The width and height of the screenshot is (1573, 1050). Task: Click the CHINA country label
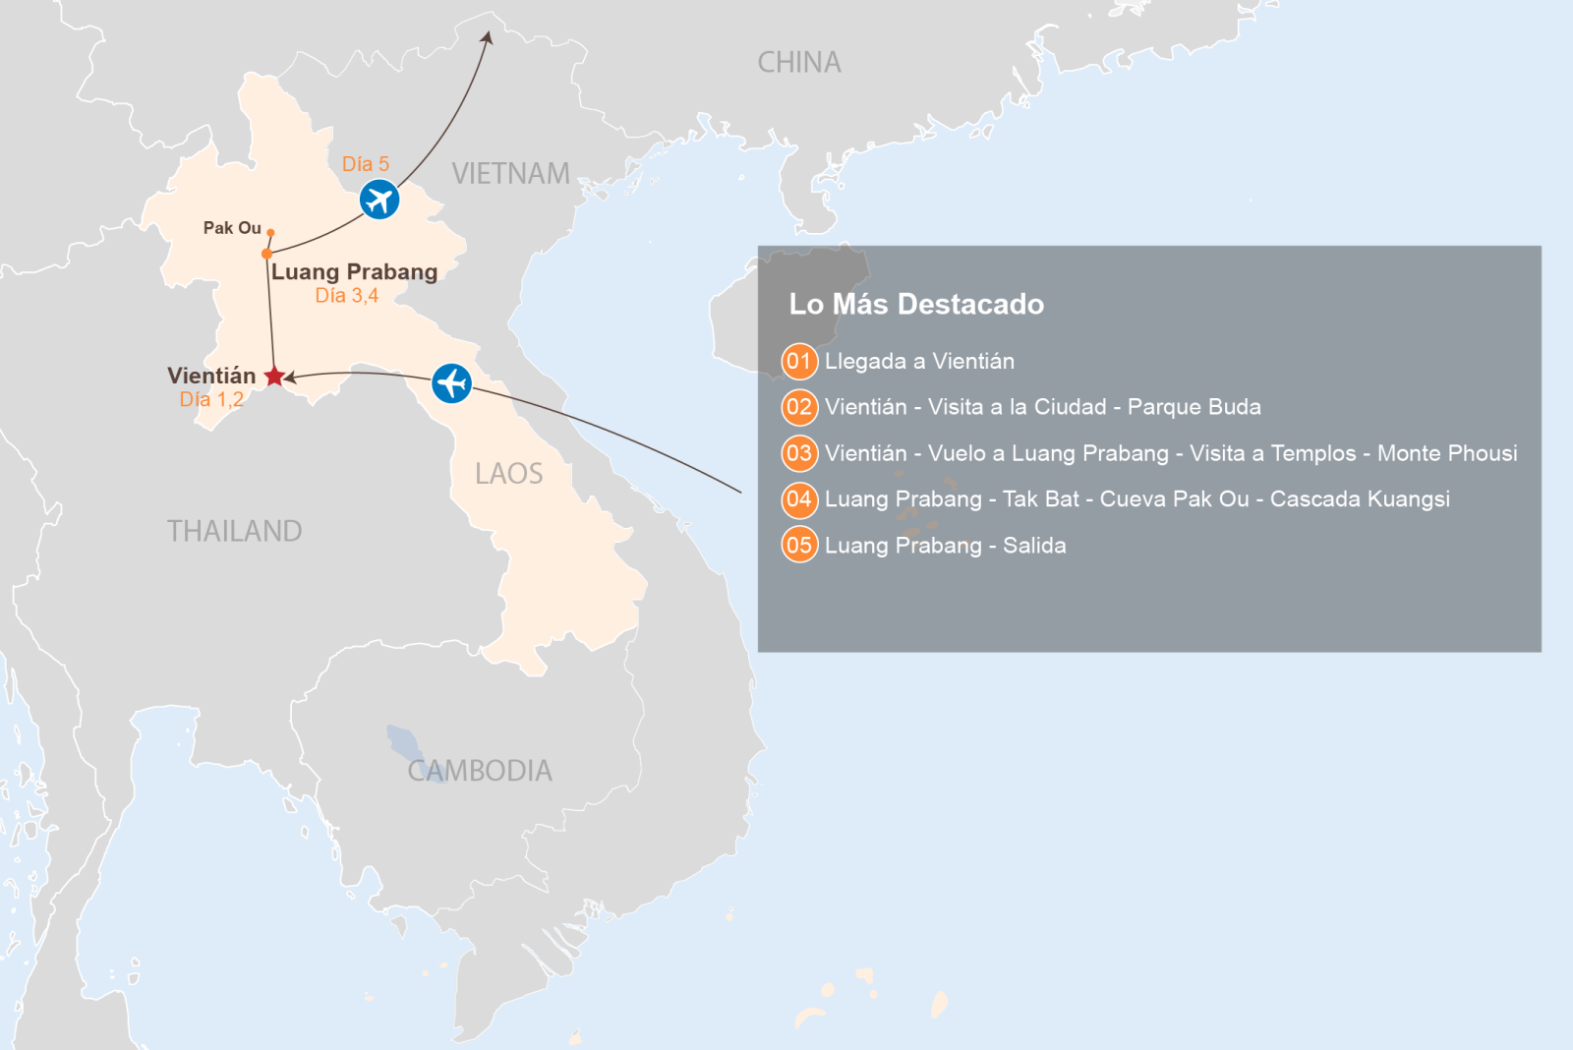coord(798,63)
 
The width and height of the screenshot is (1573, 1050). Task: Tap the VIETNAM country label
coord(510,174)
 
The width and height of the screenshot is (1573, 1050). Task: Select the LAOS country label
coord(508,474)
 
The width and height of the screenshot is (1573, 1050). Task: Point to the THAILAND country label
coord(234,531)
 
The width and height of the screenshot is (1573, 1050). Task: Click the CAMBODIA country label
coord(480,771)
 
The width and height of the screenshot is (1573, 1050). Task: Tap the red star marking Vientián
coord(274,377)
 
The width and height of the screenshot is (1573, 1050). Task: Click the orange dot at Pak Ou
coord(270,233)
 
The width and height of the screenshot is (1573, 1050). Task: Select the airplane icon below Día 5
coord(379,200)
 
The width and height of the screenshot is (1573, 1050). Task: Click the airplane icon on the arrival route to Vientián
coord(451,382)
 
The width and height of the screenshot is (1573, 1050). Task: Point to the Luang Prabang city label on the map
coord(354,272)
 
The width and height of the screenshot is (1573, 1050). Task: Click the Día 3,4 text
coord(346,296)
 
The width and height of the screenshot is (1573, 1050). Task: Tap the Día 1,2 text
coord(210,399)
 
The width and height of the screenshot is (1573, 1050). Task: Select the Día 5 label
coord(365,164)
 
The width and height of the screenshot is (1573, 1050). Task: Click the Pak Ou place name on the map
coord(232,228)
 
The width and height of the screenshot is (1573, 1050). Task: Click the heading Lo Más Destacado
coord(915,304)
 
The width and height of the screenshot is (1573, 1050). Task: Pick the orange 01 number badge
coord(799,362)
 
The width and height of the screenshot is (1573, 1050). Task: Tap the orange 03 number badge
coord(799,453)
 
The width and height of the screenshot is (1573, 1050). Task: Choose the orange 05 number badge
coord(799,545)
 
